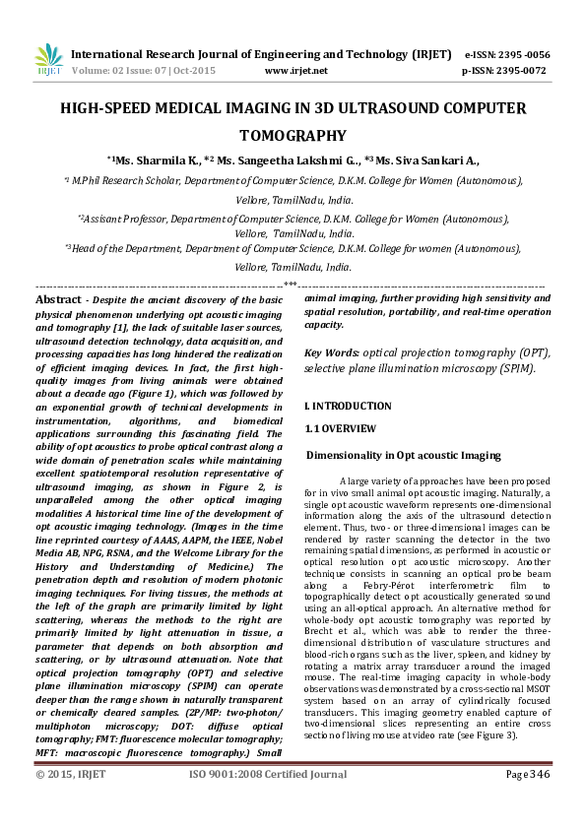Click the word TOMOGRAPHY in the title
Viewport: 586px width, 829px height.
point(293,136)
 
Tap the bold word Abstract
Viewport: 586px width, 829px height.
point(57,298)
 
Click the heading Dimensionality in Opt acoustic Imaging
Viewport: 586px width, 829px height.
point(402,455)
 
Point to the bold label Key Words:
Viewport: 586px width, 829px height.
point(332,352)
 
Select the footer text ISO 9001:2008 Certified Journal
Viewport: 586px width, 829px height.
point(267,802)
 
